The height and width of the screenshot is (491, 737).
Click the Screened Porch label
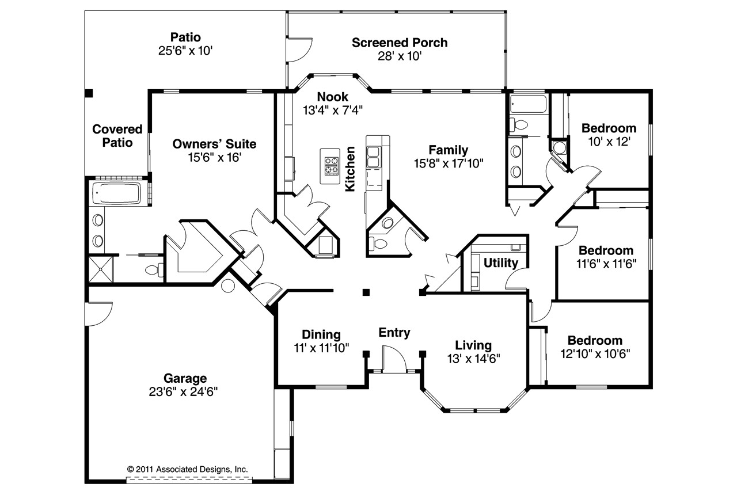pyautogui.click(x=400, y=43)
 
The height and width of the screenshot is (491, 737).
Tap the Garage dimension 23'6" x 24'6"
pyautogui.click(x=183, y=391)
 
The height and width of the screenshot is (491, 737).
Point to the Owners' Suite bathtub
pyautogui.click(x=116, y=193)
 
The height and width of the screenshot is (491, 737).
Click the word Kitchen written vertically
pyautogui.click(x=350, y=169)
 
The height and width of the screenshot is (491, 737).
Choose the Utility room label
pyautogui.click(x=501, y=262)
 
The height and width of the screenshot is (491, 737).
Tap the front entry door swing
pyautogui.click(x=394, y=359)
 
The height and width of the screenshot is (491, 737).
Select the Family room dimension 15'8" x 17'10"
pyautogui.click(x=449, y=163)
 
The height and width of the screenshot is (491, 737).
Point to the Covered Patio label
pyautogui.click(x=117, y=136)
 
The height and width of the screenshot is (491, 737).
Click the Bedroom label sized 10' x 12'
pyautogui.click(x=609, y=128)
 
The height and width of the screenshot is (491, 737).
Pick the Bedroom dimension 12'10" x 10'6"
pyautogui.click(x=595, y=354)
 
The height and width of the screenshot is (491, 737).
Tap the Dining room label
pyautogui.click(x=321, y=334)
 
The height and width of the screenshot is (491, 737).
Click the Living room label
pyautogui.click(x=473, y=345)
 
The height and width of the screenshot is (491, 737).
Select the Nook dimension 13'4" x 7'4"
pyautogui.click(x=333, y=110)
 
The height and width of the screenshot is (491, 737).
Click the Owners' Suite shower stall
pyautogui.click(x=101, y=269)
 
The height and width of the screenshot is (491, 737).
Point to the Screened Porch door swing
pyautogui.click(x=299, y=50)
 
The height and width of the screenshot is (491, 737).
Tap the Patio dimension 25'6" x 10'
pyautogui.click(x=185, y=51)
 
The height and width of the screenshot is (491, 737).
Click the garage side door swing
pyautogui.click(x=98, y=314)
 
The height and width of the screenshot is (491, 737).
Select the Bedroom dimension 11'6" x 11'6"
pyautogui.click(x=606, y=264)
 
